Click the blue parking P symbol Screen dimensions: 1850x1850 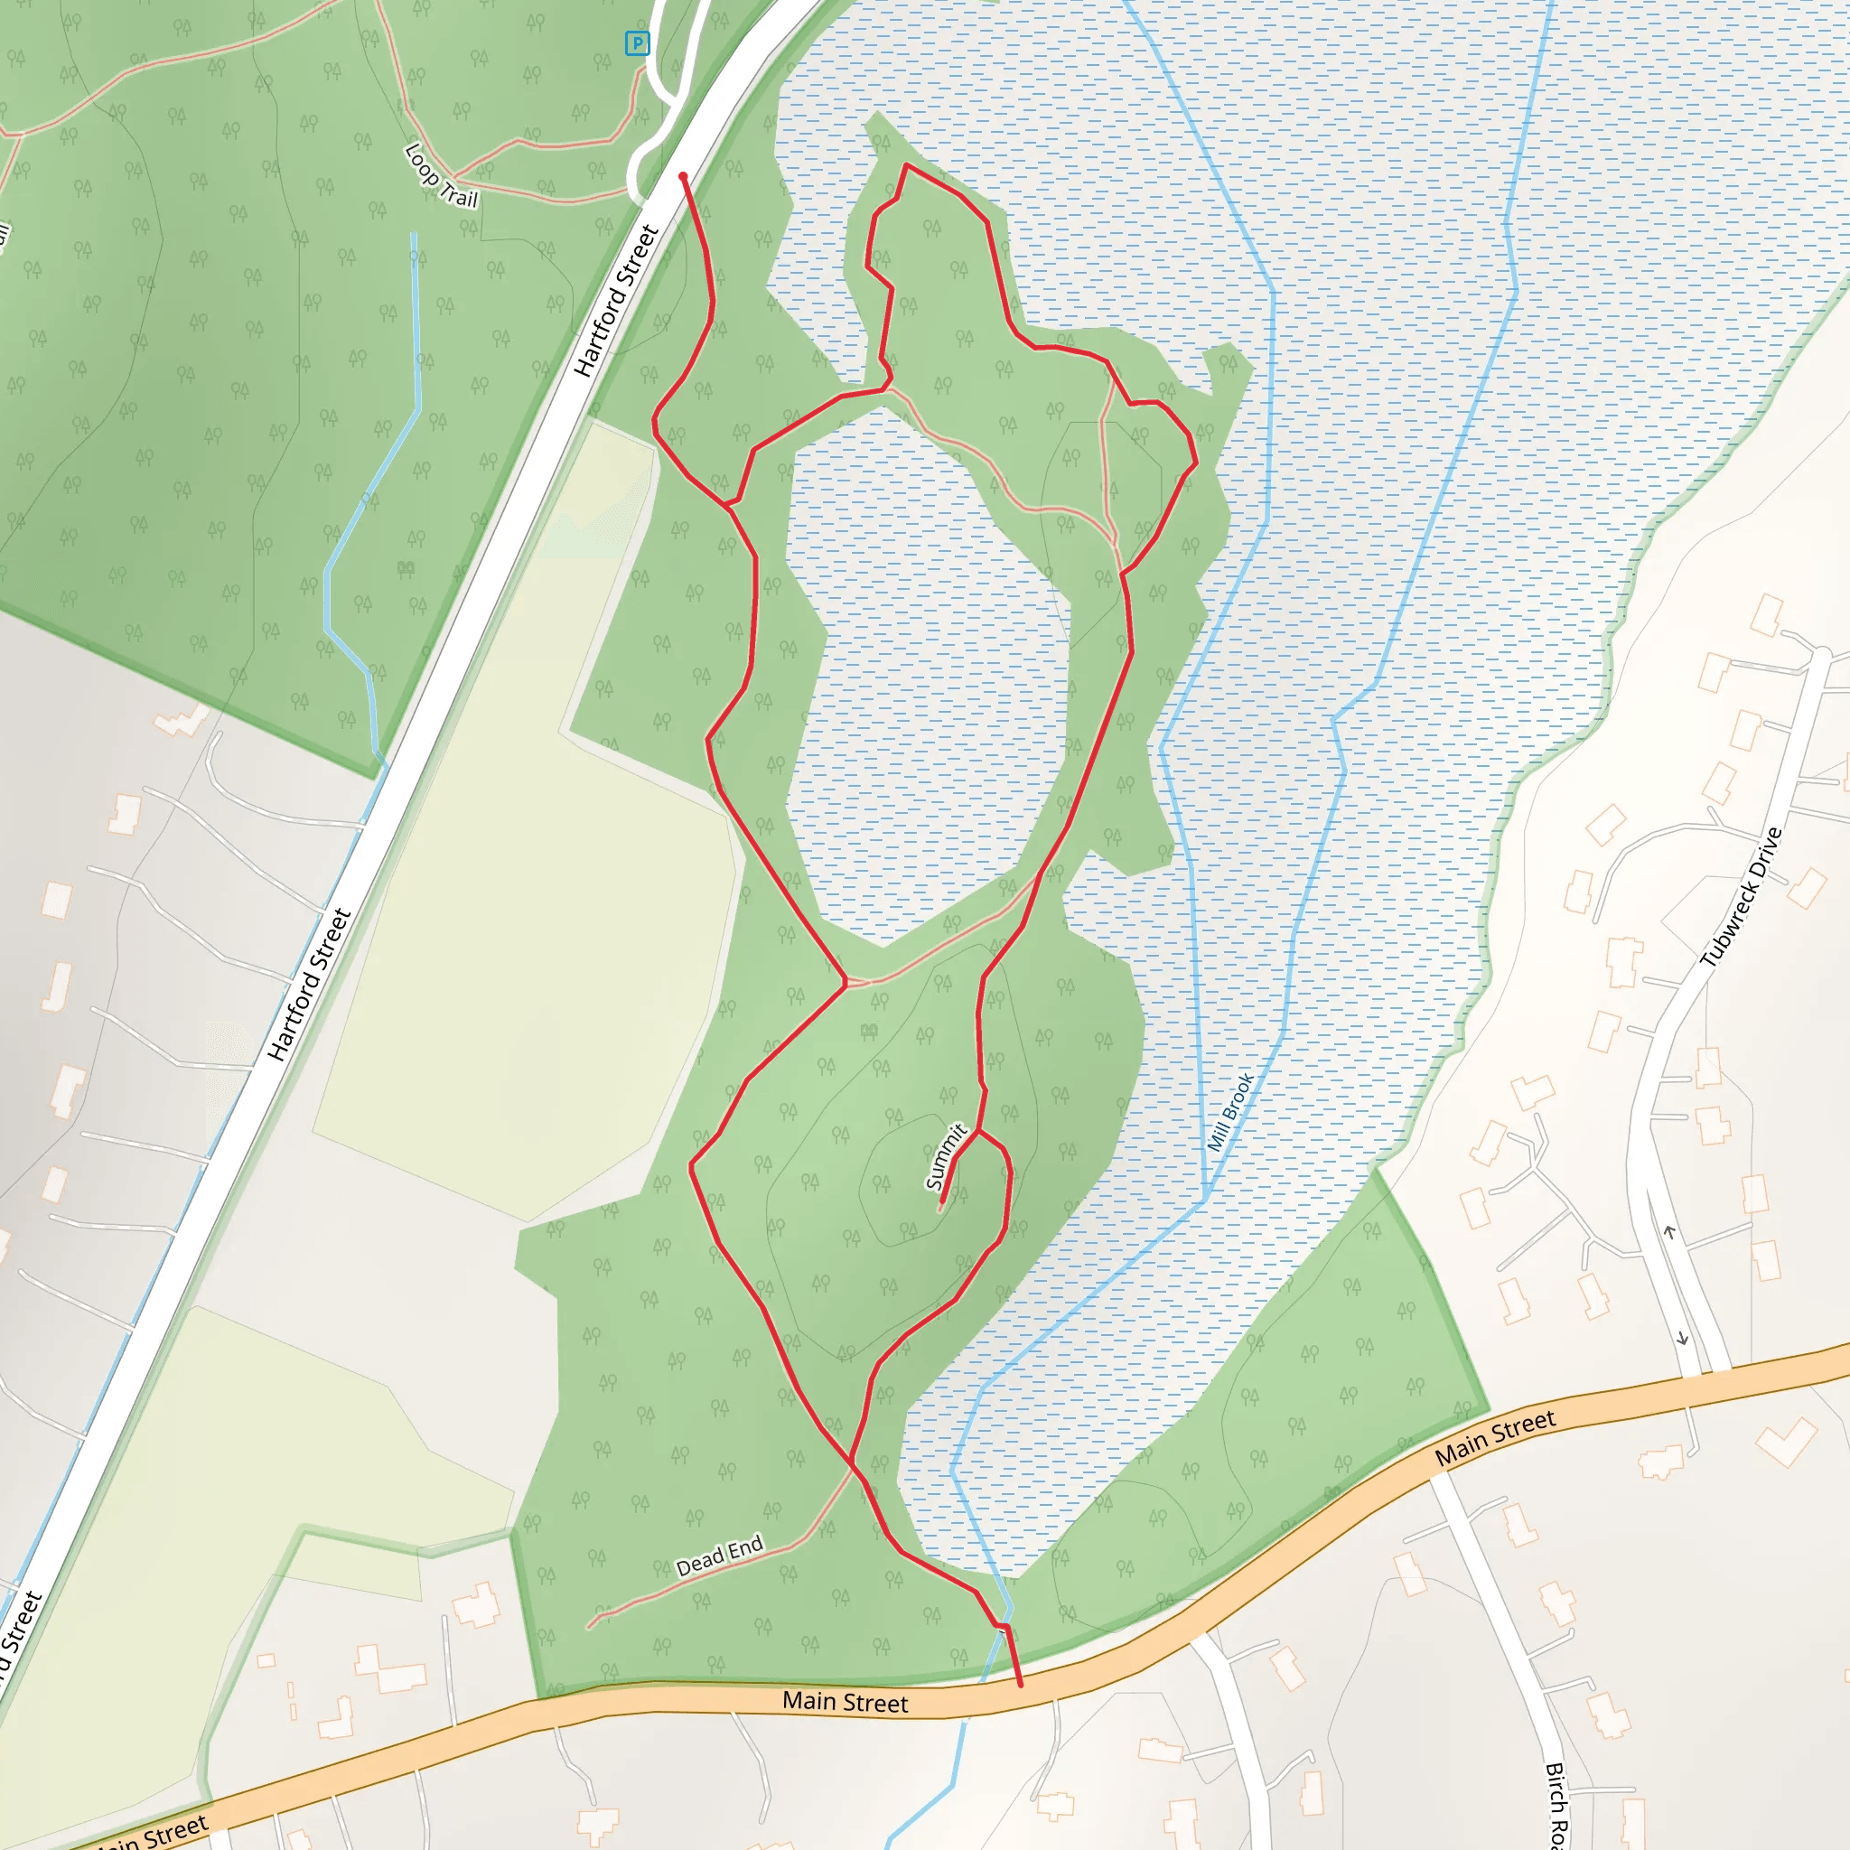[x=637, y=43]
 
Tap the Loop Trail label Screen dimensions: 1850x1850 [x=441, y=175]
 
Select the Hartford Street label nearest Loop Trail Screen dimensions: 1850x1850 [x=617, y=301]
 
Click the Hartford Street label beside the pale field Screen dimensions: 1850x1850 [x=309, y=986]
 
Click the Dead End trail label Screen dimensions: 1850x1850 [x=719, y=1557]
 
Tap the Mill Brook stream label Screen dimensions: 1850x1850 [x=1229, y=1112]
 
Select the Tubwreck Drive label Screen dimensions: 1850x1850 [x=1741, y=896]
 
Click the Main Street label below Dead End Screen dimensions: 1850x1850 [x=845, y=1702]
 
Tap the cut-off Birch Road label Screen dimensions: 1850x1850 [x=1556, y=1805]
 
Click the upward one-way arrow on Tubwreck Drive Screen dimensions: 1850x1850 [x=1670, y=1232]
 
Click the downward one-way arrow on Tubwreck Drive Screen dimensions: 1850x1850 [x=1682, y=1339]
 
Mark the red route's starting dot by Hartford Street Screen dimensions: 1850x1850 [x=683, y=176]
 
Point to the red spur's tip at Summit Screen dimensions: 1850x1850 [x=942, y=1201]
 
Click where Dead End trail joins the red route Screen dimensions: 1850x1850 [x=851, y=1463]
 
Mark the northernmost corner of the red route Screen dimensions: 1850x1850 [x=906, y=164]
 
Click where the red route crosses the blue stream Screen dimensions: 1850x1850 [x=1003, y=1625]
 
